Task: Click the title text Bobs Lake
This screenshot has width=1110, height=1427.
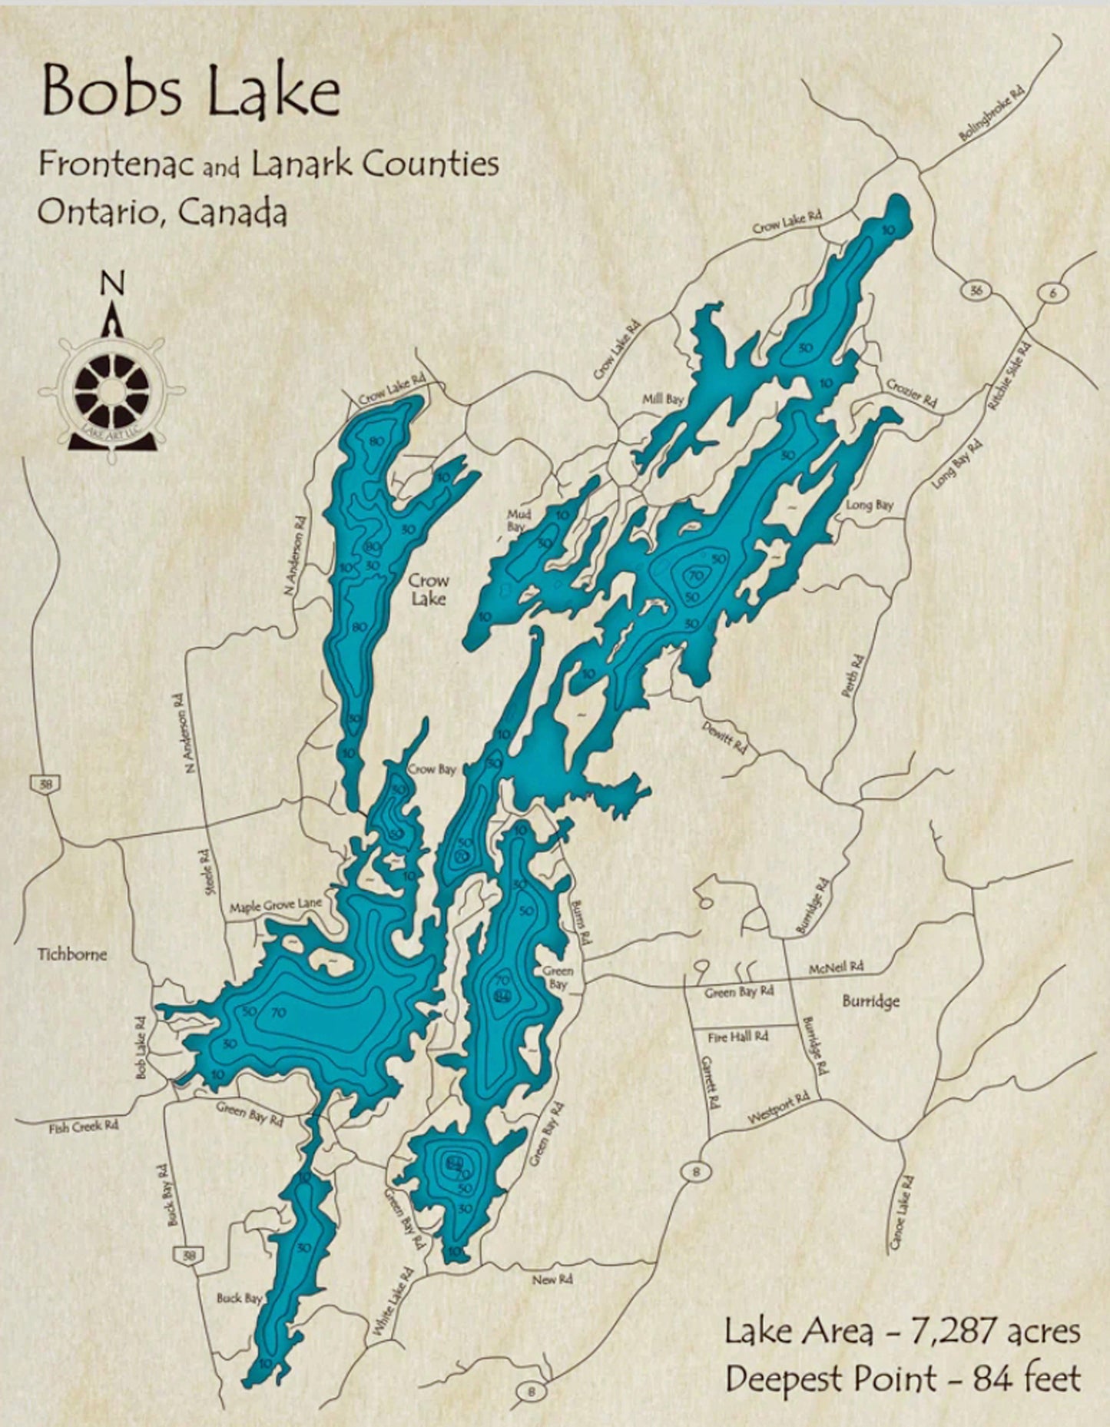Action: [x=191, y=92]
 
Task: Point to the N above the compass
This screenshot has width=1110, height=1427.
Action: [x=113, y=284]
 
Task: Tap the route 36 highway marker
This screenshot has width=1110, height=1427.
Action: [x=976, y=290]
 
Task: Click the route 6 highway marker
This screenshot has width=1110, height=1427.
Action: [x=1050, y=293]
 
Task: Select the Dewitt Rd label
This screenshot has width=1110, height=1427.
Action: [x=725, y=735]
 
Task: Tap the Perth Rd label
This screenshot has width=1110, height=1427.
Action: [x=853, y=675]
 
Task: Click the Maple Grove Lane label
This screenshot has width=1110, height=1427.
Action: [x=274, y=907]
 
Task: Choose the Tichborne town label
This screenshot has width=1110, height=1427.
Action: [x=73, y=954]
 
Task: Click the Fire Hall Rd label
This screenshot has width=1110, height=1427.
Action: [x=737, y=1037]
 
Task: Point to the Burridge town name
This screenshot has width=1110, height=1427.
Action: [x=870, y=1002]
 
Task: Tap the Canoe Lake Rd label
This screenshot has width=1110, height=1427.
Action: [x=902, y=1212]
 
